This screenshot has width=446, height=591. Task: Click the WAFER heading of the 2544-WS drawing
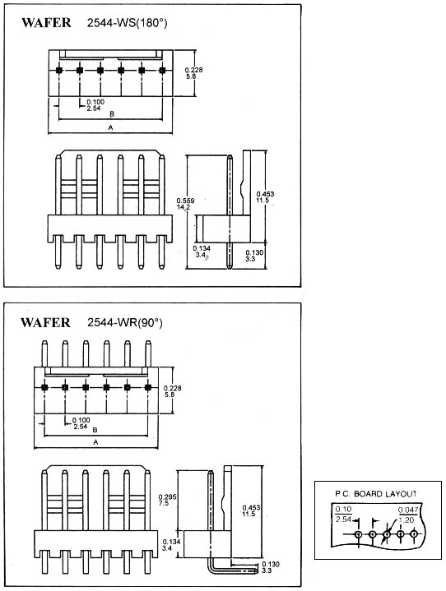[46, 23]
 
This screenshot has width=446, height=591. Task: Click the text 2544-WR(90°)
[125, 323]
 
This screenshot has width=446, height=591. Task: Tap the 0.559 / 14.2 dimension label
[186, 204]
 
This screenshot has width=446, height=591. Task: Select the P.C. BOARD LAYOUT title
[376, 494]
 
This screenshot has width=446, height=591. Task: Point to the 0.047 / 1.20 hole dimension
[408, 515]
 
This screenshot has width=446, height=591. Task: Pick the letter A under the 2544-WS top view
[110, 127]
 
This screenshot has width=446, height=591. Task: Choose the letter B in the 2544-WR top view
[95, 430]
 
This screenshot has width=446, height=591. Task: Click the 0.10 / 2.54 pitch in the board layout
[343, 515]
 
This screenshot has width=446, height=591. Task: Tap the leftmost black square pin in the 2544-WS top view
[59, 70]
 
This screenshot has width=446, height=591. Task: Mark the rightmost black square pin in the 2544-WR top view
[148, 387]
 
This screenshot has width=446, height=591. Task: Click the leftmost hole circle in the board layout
[358, 534]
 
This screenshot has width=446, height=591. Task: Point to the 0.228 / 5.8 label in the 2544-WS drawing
[193, 73]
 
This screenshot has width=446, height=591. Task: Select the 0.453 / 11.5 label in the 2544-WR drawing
[251, 511]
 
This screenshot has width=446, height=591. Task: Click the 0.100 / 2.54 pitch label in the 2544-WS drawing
[95, 105]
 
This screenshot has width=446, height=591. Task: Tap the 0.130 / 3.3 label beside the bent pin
[271, 567]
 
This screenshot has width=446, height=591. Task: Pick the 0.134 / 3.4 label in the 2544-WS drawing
[202, 252]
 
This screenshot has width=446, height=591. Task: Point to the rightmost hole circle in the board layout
[414, 534]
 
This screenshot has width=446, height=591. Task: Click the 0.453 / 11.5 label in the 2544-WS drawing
[265, 197]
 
